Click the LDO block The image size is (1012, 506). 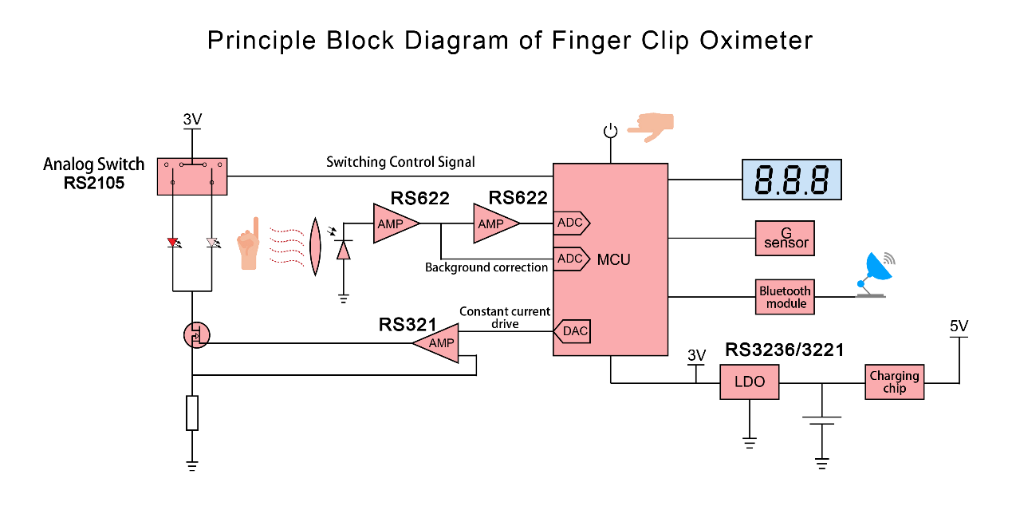pos(749,382)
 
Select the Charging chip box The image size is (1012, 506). pos(895,382)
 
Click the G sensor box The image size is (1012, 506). pos(785,238)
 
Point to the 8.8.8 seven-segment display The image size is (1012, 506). pos(791,180)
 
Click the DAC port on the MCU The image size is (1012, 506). pos(573,331)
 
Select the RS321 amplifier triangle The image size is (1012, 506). pos(438,343)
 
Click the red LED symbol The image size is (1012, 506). pos(173,243)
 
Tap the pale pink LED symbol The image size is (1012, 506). pos(212,243)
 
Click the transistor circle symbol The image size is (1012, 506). pos(195,335)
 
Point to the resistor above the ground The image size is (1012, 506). pos(192,413)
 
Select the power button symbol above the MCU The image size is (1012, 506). pos(610,131)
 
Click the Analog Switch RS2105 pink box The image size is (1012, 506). pos(192,176)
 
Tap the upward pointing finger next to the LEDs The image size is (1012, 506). pos(250,243)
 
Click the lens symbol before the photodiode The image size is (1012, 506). pos(315,248)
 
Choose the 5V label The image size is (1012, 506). pos(959,326)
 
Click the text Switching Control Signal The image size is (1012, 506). pos(400,162)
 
